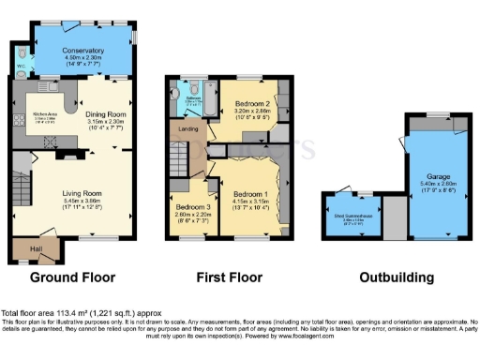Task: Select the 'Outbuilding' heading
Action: click(394, 277)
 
